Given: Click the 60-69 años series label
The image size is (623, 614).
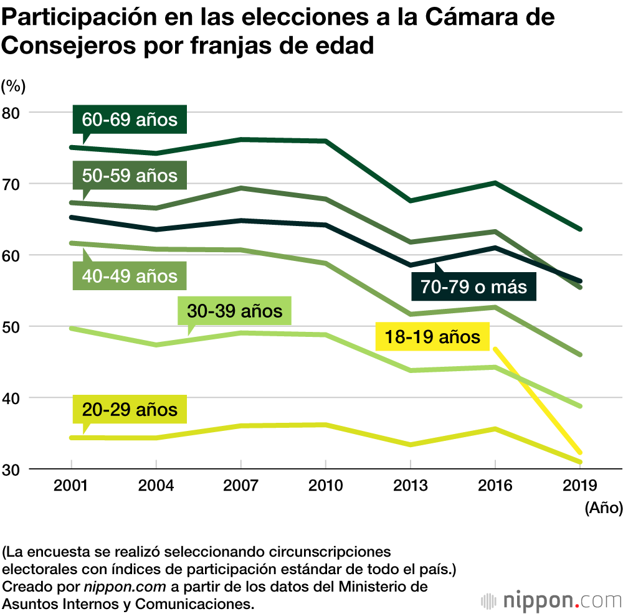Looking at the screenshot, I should click(x=130, y=119).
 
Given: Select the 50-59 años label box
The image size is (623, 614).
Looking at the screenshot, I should click(x=130, y=176).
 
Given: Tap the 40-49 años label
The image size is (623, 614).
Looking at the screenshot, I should click(x=130, y=275).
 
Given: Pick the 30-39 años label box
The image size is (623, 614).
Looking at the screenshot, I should click(x=234, y=310).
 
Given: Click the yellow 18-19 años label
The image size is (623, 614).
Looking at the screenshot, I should click(x=432, y=338).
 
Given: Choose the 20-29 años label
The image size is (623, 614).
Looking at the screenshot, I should click(x=130, y=410).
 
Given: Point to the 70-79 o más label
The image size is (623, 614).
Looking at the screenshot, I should click(x=473, y=287).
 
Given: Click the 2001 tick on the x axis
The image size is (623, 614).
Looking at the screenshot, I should click(x=71, y=486).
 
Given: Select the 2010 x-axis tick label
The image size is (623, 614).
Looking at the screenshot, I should click(x=325, y=486).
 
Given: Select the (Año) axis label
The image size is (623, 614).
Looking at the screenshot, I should click(x=603, y=509).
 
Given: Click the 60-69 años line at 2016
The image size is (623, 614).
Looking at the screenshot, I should click(x=495, y=182).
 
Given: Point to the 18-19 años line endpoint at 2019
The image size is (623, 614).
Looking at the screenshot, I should click(x=581, y=453).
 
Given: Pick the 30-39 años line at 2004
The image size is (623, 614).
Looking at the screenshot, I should click(x=156, y=344).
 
